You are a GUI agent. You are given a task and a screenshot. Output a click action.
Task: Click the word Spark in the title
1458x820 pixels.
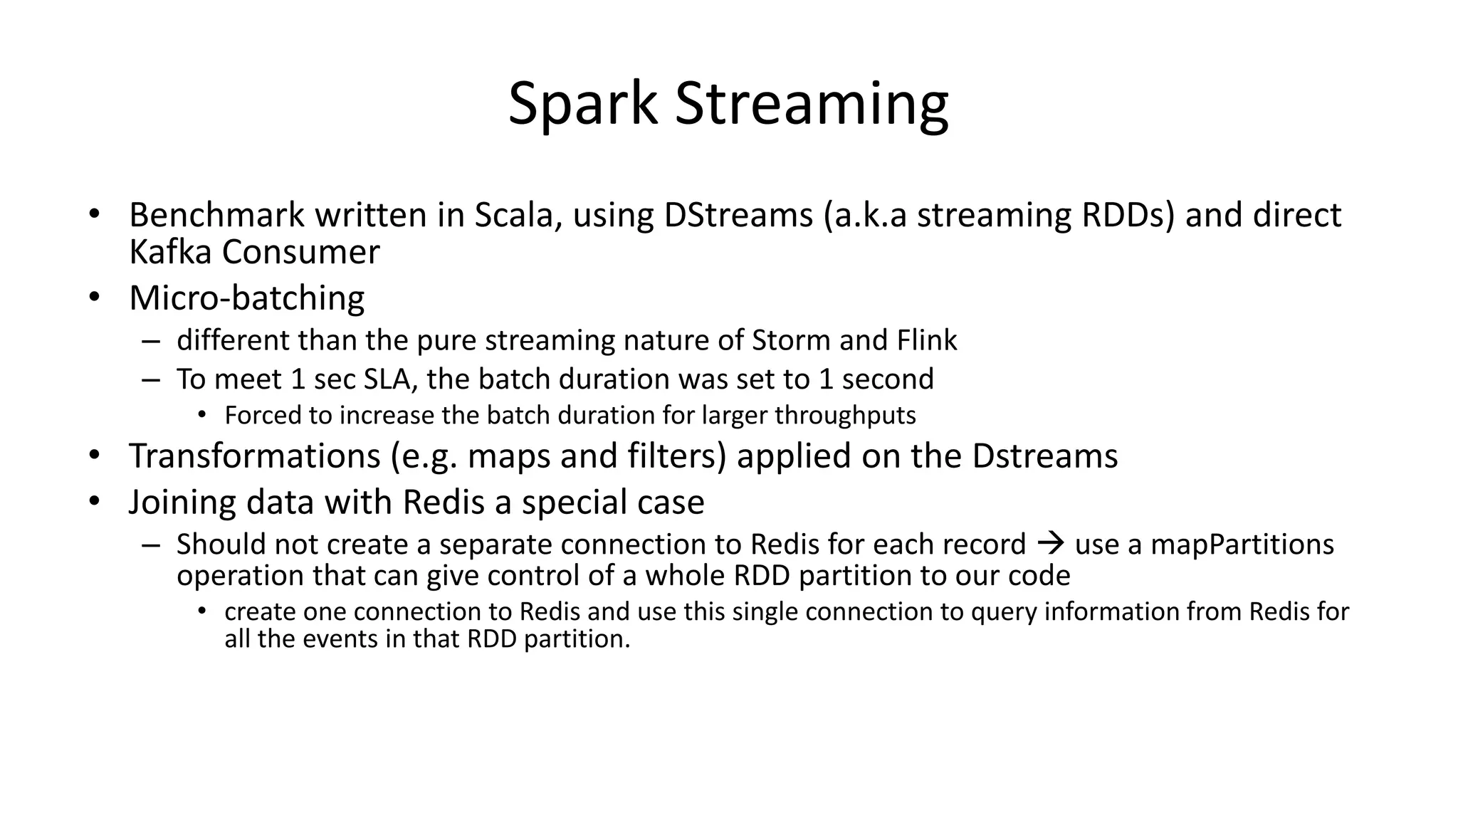click(x=582, y=104)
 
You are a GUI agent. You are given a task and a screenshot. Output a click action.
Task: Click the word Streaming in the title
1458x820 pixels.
click(x=811, y=104)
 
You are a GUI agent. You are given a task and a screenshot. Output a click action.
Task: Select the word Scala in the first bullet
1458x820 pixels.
click(x=513, y=215)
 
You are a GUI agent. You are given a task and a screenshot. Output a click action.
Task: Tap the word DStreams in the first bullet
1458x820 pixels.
click(x=738, y=215)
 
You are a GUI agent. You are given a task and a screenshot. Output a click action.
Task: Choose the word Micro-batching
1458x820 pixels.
click(x=246, y=298)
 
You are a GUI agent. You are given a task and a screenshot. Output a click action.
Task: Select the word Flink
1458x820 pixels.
click(x=926, y=340)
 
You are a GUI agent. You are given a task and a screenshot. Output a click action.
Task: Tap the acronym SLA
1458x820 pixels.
click(x=388, y=379)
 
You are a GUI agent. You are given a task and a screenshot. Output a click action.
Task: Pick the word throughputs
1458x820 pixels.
click(x=845, y=415)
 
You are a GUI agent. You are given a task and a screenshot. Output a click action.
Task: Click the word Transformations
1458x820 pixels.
click(x=254, y=456)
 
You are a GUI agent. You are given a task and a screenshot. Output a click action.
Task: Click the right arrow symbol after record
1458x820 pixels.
click(x=1051, y=545)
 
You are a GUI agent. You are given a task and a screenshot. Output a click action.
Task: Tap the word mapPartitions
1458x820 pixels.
click(x=1242, y=545)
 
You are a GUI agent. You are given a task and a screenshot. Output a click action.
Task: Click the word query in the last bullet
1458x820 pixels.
click(x=1003, y=612)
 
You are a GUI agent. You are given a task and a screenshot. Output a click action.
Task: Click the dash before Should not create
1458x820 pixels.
click(x=151, y=545)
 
